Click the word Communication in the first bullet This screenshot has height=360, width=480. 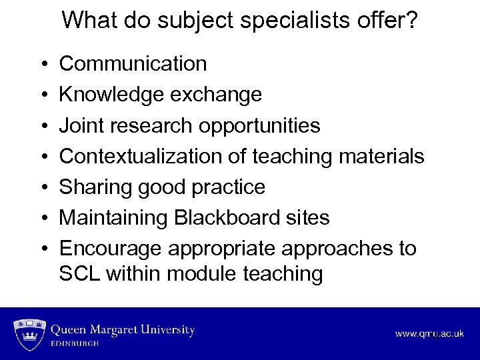click(133, 64)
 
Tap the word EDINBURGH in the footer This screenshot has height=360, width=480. click(75, 344)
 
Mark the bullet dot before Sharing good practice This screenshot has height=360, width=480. click(43, 187)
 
